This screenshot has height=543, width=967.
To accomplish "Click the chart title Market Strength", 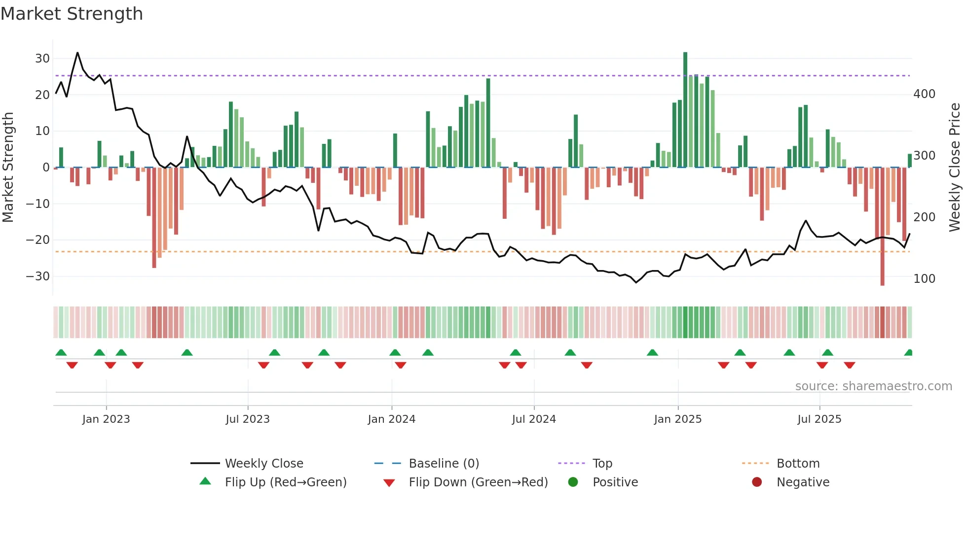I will [72, 14].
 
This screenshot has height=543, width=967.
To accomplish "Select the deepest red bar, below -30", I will [882, 227].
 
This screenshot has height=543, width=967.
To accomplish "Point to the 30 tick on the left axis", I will [42, 59].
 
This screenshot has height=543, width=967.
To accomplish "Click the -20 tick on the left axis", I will [38, 240].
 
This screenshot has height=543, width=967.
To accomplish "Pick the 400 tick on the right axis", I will [924, 94].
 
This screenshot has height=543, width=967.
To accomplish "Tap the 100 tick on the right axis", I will [924, 279].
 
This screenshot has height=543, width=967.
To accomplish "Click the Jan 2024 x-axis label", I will [391, 419].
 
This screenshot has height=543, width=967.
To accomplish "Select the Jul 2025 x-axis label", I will [819, 419].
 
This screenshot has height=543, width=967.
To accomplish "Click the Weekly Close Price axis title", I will [955, 168].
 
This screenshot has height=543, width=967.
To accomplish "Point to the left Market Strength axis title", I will [8, 168].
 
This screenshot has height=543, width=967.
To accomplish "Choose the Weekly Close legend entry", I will [263, 464].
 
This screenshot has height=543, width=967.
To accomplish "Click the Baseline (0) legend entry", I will [444, 464].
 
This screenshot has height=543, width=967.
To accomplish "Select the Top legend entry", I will [602, 464].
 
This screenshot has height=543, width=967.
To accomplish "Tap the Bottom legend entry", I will [798, 464].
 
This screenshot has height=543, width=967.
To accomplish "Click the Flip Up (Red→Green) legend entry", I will [285, 482].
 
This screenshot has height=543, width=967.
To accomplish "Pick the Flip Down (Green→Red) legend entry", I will [478, 482].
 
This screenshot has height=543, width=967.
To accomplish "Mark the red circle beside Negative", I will [756, 482].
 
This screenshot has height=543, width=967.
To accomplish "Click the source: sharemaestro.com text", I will [873, 386].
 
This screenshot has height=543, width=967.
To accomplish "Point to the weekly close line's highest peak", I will [77, 53].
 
